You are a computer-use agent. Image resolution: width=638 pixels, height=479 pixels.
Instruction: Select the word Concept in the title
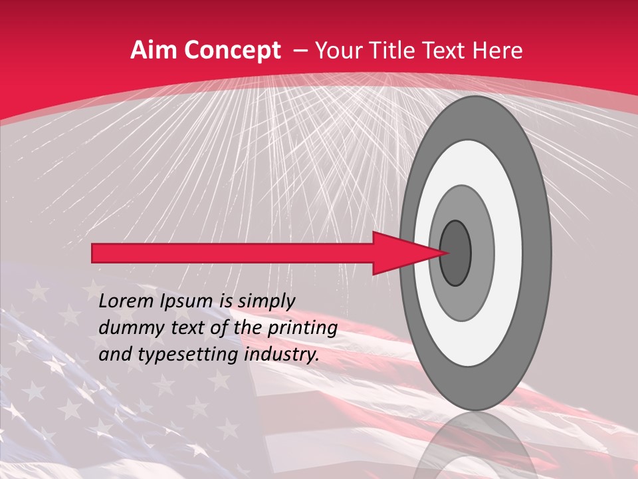(x=233, y=51)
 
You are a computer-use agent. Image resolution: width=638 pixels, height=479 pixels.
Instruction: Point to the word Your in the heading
(x=335, y=51)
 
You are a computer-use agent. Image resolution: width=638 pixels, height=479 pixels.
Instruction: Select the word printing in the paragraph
(x=301, y=329)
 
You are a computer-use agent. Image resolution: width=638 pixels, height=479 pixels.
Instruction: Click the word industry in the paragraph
(x=279, y=355)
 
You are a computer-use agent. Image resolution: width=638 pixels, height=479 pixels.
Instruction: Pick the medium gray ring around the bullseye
(x=482, y=253)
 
